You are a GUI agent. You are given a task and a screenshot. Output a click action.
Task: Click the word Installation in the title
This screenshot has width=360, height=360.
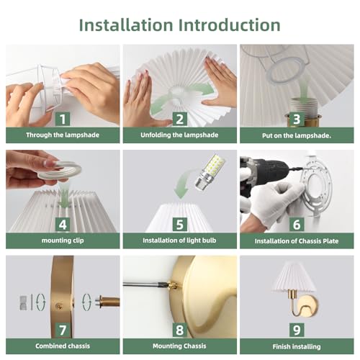pos(126,25)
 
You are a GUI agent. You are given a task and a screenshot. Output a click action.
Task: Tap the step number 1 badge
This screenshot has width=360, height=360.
pos(63,119)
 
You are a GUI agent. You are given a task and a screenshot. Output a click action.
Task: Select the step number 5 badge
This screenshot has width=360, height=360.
pos(180,225)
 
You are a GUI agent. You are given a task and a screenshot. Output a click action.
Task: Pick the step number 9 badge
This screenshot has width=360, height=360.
pos(297,330)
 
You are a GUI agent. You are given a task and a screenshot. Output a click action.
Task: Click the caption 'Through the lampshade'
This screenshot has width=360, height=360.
pos(63,135)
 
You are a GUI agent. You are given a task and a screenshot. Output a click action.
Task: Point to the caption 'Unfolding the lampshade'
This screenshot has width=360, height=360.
pos(179,135)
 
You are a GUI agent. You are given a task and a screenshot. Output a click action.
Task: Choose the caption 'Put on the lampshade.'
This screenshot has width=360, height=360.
pos(297,135)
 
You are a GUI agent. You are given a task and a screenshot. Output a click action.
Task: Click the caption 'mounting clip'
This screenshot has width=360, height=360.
pos(63,240)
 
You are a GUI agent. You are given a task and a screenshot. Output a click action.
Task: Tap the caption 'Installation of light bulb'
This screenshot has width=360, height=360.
pos(179,240)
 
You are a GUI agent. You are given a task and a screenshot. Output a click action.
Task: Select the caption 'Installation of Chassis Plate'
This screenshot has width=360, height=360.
pos(297,241)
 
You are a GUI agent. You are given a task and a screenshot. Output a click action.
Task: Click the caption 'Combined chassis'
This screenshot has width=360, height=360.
pos(63,346)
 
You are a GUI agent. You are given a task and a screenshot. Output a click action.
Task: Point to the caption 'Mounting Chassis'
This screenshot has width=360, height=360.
pos(179,346)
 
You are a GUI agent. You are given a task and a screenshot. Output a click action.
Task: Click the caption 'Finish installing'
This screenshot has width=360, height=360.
pos(297,346)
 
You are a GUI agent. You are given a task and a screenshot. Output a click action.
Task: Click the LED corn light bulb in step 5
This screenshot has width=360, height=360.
pos(208,172)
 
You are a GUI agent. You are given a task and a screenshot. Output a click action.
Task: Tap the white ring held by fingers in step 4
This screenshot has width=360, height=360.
pos(59,171)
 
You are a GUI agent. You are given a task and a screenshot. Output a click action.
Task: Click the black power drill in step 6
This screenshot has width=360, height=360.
pos(265,175)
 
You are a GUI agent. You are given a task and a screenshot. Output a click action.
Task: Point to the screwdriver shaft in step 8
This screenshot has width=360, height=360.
pos(144,285)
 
